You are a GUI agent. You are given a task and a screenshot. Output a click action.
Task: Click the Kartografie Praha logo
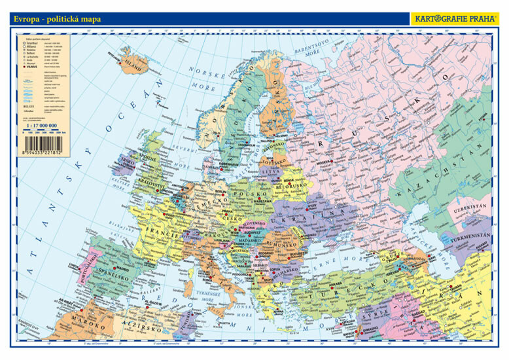click(454, 19)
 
